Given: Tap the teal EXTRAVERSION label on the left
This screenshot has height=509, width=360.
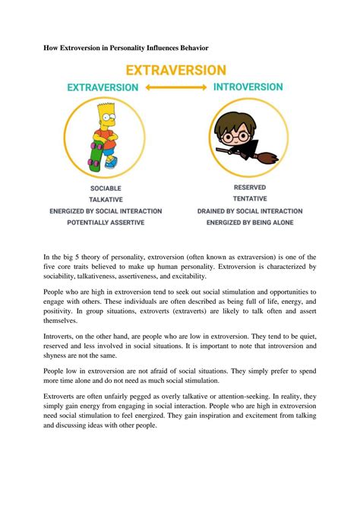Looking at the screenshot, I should (103, 87).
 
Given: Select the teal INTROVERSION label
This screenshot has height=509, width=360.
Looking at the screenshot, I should (258, 87).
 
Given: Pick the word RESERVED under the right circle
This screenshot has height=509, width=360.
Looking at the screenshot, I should (255, 187).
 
